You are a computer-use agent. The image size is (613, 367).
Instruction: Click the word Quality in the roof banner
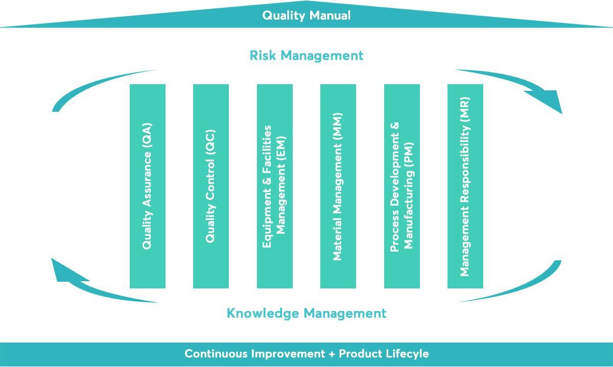pos(284,16)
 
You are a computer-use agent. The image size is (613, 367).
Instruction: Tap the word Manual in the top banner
pos(330,15)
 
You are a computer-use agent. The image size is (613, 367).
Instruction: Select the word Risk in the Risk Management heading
pos(263,56)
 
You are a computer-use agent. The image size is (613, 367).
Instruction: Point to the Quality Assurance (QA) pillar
pos(148,186)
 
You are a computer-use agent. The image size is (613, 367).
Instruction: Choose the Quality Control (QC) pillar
pos(211,186)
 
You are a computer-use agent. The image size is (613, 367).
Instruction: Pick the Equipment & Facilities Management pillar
pos(275,186)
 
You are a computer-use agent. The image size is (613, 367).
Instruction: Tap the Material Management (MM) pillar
pos(338,186)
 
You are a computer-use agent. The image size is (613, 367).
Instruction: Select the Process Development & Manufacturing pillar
pos(402,186)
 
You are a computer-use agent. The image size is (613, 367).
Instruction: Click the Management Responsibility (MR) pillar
pos(465,186)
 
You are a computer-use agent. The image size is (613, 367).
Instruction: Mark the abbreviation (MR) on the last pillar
pos(465,109)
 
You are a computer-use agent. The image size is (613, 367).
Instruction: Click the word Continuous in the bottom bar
pos(216,354)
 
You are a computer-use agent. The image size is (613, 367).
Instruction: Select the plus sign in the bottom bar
pos(332,354)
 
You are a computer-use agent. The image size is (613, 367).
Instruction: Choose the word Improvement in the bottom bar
pos(288,354)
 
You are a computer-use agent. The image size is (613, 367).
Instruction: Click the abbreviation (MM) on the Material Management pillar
pos(338,124)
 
